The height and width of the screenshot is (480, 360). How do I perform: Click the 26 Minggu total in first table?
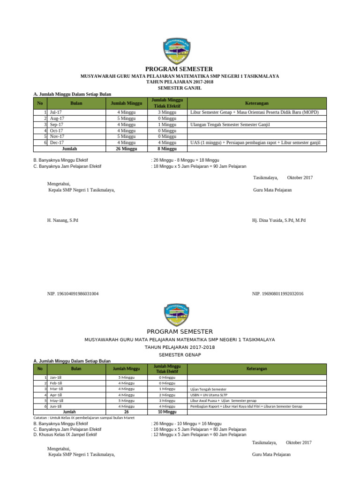(125, 149)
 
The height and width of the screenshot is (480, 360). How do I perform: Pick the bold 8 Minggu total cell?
(167, 149)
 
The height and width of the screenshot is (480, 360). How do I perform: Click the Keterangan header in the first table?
(256, 103)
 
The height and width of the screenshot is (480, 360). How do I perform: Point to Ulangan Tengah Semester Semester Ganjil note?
(230, 125)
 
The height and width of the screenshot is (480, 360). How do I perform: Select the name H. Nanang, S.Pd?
(62, 220)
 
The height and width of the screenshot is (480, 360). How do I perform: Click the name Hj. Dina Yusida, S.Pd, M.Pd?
(278, 220)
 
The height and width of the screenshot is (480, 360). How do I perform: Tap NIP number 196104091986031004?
(73, 294)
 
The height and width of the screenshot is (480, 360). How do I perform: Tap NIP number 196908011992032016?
(277, 294)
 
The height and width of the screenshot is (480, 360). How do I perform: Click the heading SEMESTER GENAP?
(180, 355)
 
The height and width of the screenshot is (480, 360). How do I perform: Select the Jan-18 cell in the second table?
(56, 377)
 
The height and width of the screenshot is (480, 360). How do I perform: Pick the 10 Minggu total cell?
(167, 412)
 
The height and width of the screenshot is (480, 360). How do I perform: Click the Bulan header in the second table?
(75, 369)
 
